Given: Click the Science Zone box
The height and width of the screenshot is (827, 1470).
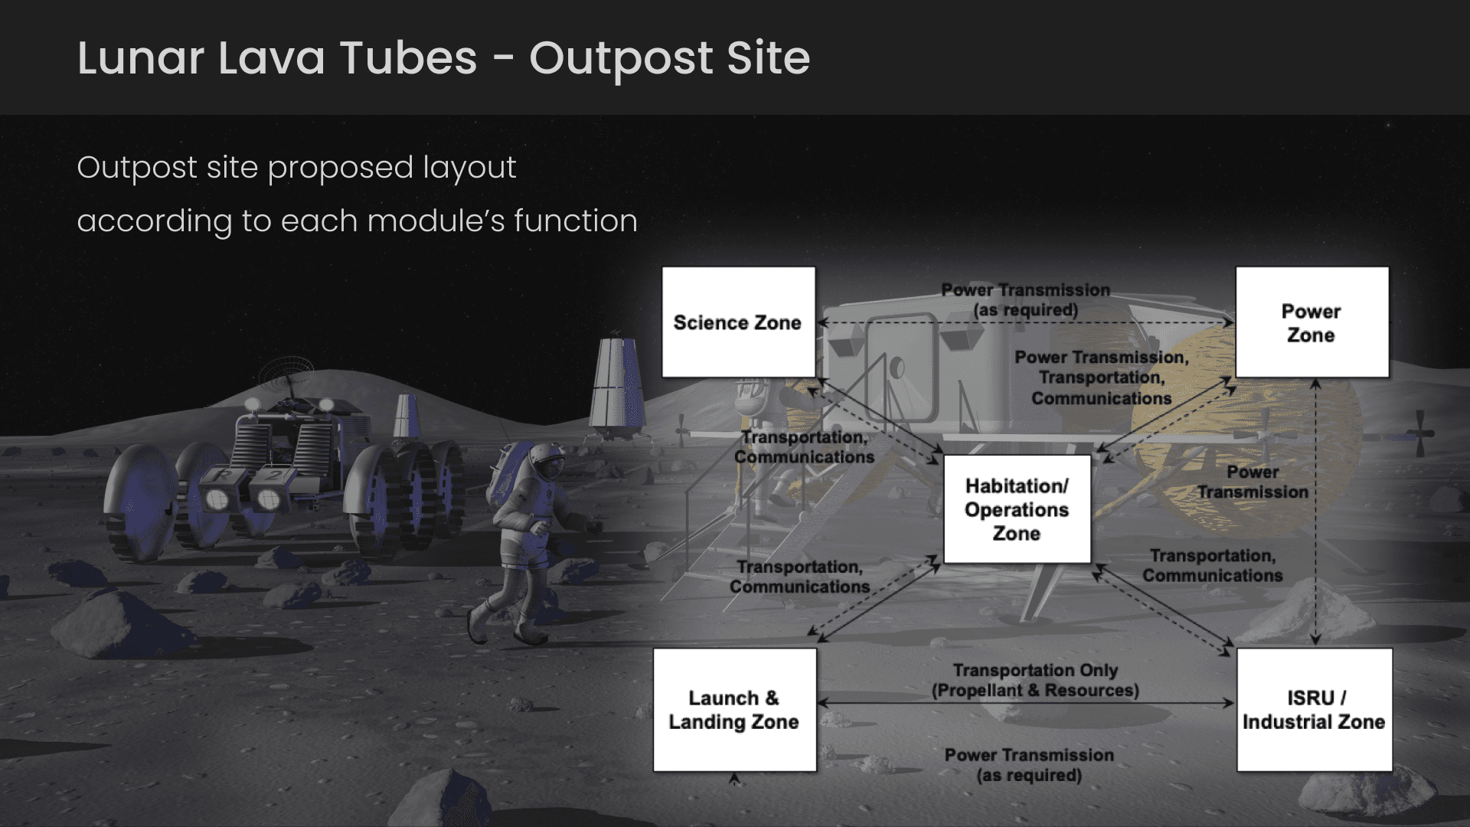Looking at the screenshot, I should coord(738,322).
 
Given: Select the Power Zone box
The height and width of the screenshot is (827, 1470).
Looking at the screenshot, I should coord(1312,322).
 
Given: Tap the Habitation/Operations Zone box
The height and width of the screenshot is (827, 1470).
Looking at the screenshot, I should coord(1017,509).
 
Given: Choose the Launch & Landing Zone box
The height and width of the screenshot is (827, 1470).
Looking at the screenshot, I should coord(734,710).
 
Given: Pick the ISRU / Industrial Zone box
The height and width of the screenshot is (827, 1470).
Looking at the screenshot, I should coord(1314,710).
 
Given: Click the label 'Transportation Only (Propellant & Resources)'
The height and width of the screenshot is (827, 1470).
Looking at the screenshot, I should coord(1035,680).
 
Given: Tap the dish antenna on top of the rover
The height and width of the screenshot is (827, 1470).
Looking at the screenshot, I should coord(285,375).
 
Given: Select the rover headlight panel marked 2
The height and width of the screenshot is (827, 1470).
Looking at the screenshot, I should coord(269,498).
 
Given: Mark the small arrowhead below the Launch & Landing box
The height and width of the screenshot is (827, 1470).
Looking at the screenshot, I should coord(734,780).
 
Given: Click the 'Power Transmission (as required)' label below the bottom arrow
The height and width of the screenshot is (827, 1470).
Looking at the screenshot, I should coord(1029,765).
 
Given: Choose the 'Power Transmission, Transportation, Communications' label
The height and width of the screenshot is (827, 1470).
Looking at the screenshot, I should coord(1102,378).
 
